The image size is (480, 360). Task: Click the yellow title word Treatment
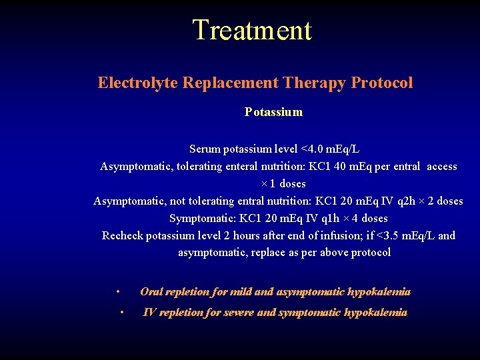[251, 31]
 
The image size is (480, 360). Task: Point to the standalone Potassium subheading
[273, 112]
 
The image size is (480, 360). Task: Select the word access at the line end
[442, 166]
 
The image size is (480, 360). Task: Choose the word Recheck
[122, 235]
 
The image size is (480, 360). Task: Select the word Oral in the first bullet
[151, 291]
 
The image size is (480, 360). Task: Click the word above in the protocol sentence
[334, 253]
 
